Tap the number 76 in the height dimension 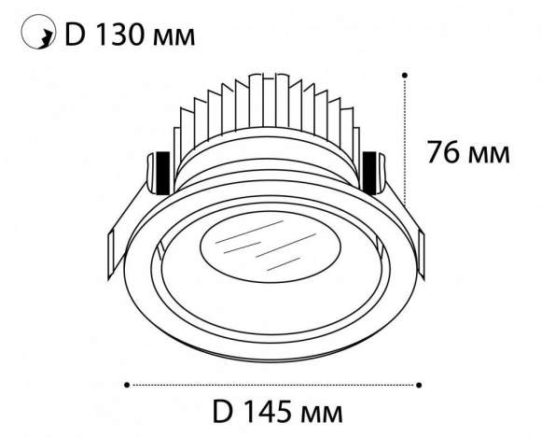(445, 152)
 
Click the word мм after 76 (491, 153)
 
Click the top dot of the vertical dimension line (406, 73)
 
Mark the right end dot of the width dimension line (421, 382)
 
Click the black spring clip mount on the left (160, 169)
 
